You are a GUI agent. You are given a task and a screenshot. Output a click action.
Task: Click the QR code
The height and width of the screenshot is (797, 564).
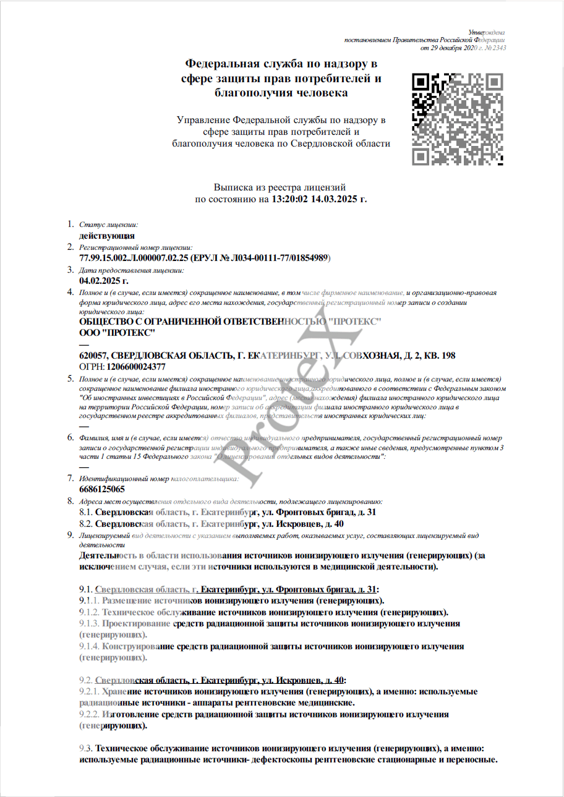pyautogui.click(x=457, y=119)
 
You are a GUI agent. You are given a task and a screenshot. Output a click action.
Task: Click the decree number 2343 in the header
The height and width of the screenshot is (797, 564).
pyautogui.click(x=498, y=48)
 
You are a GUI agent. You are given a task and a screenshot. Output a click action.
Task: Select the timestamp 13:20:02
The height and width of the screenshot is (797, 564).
pyautogui.click(x=291, y=200)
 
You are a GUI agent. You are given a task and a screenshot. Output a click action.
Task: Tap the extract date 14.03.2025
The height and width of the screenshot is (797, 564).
pyautogui.click(x=336, y=200)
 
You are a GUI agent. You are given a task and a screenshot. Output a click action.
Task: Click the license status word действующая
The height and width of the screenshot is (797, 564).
pyautogui.click(x=107, y=236)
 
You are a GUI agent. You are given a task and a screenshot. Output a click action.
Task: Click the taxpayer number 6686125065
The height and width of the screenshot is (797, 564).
pyautogui.click(x=102, y=489)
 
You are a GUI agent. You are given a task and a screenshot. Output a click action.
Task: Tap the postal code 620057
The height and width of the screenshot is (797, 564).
pyautogui.click(x=92, y=356)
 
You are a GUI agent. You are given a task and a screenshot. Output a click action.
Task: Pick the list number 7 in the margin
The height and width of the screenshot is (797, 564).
pyautogui.click(x=70, y=478)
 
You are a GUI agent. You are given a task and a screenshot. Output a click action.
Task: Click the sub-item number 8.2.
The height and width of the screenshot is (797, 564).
pyautogui.click(x=87, y=524)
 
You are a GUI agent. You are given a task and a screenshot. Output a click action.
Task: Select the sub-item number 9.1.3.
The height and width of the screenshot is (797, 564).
pyautogui.click(x=89, y=623)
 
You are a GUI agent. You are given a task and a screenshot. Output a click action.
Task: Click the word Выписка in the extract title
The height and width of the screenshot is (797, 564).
pyautogui.click(x=233, y=187)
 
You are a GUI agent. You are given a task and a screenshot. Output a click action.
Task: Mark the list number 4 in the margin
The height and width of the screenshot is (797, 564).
pyautogui.click(x=70, y=291)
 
